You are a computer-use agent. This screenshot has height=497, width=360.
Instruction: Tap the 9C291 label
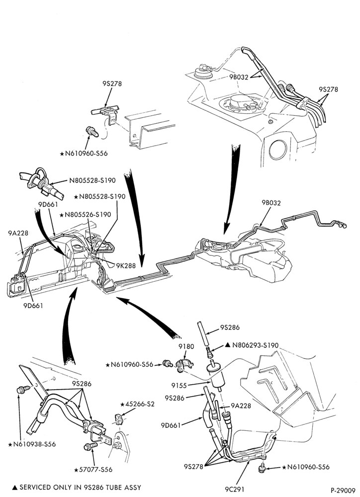tap(235, 490)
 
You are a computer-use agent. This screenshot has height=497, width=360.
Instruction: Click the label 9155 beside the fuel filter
tap(179, 386)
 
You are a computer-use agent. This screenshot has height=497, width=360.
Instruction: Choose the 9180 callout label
tap(186, 346)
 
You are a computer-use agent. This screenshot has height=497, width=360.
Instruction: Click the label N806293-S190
tap(255, 345)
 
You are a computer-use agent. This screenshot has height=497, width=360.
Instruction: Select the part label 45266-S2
tap(140, 404)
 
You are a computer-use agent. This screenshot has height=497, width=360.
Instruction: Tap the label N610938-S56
tap(34, 444)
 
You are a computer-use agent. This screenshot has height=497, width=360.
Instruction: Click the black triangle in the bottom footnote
tap(14, 487)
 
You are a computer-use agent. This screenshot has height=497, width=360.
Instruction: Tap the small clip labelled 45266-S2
tap(119, 418)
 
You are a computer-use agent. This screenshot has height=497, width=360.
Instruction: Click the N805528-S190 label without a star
tap(92, 180)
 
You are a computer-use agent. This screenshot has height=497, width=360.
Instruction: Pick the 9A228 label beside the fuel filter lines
tap(241, 406)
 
